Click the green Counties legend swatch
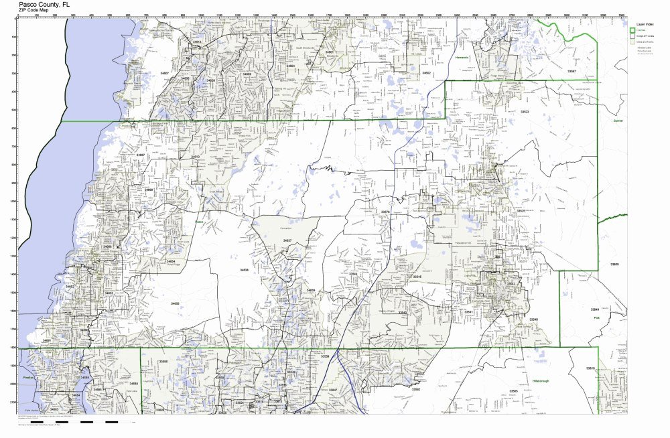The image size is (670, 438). [632, 31]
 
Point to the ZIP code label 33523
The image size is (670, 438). [525, 112]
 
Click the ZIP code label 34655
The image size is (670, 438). [175, 303]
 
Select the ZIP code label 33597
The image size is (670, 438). [571, 70]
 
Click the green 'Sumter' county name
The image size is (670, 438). [617, 121]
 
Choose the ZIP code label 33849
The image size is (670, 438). [594, 309]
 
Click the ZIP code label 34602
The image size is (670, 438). [425, 73]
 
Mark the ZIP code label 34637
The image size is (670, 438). [287, 240]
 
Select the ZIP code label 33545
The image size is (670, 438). [417, 277]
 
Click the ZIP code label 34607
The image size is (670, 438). [164, 72]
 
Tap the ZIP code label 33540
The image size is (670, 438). [533, 319]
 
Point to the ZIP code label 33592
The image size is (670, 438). [415, 389]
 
